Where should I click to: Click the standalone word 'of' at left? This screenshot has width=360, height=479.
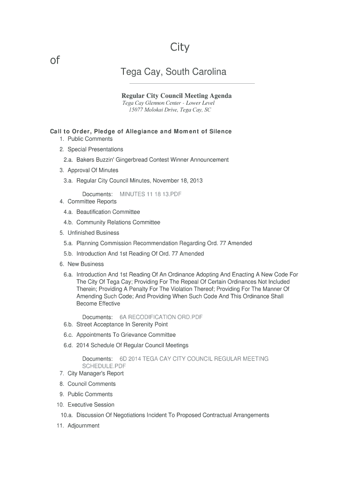point(55,60)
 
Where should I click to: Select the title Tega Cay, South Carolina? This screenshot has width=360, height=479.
point(173,72)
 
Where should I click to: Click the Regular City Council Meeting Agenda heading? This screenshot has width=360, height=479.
point(177,95)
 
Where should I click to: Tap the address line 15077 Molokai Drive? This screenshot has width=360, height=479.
point(170,110)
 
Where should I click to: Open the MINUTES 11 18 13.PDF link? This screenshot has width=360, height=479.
point(151,194)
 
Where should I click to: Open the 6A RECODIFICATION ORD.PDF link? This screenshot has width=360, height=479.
point(161,317)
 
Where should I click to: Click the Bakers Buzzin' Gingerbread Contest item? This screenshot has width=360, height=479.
point(152,160)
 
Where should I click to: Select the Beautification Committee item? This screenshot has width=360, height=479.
point(108,212)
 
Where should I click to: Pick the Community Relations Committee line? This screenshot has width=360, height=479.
point(118,223)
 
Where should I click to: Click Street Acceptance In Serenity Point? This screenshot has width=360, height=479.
point(122,325)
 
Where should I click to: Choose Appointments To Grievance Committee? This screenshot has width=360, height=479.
point(126,335)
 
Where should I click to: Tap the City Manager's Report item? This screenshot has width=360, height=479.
point(96,374)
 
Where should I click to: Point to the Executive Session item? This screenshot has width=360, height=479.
point(91,405)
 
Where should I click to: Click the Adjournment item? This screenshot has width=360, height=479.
point(84,426)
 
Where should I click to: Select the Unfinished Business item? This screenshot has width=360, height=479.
point(94,233)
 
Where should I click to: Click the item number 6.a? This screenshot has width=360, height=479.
point(68,275)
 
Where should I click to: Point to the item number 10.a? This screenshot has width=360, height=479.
point(67,415)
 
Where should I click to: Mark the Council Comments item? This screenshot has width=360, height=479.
point(92,384)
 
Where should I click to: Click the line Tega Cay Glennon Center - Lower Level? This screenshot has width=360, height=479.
point(168,103)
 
